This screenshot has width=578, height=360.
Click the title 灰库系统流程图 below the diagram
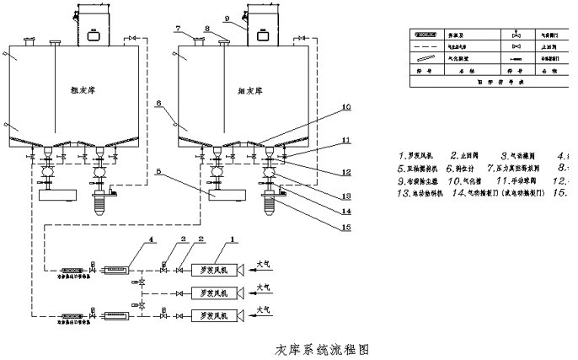pos(322,349)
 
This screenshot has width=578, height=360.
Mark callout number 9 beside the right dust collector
pos(227,17)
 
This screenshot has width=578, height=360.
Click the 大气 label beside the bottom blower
pos(264,309)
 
